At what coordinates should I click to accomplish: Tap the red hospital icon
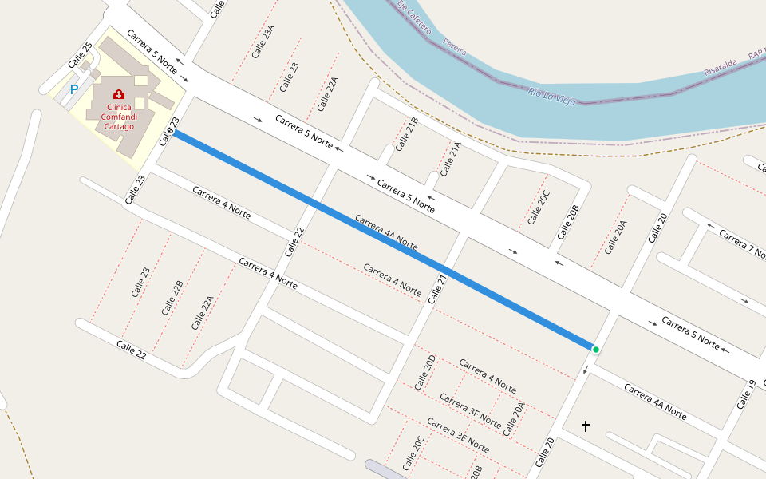click(119, 94)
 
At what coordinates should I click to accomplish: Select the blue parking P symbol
click(74, 90)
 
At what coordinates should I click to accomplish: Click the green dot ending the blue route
click(595, 349)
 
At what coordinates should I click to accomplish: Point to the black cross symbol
click(585, 426)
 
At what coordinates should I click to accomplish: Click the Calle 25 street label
click(81, 55)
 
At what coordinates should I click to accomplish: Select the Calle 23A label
click(263, 41)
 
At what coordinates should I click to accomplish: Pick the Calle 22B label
click(172, 298)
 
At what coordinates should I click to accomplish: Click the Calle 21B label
click(407, 134)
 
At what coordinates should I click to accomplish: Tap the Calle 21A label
click(451, 158)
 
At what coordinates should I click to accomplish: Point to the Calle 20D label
click(425, 372)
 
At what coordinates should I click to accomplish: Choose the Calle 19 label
click(746, 394)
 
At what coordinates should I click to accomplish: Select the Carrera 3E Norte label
click(456, 434)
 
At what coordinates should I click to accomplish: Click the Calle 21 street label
click(437, 289)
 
